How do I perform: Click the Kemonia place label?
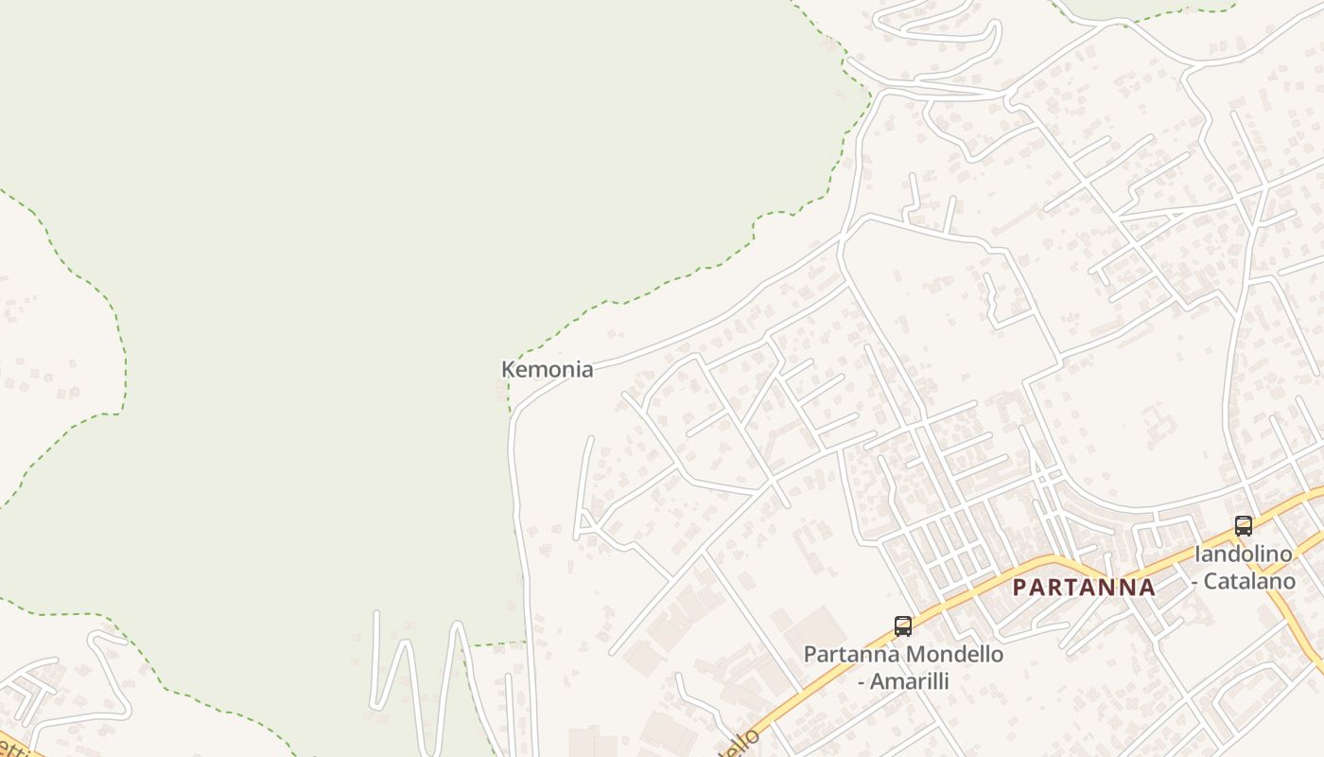pos(547,370)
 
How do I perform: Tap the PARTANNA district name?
pos(1084,588)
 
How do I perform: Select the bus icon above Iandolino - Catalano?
pos(1243,526)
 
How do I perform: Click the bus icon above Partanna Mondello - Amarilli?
pos(902,625)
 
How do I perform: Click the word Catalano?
pos(1249,581)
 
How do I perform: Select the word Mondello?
pos(958,654)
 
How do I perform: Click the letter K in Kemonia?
pos(508,370)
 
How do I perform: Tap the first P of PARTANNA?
pos(1019,588)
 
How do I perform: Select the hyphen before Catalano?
pos(1196,581)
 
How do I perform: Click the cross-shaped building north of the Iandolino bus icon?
pos(1156,420)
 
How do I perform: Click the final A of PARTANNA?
pos(1147,588)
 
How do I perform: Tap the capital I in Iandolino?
pos(1197,555)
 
